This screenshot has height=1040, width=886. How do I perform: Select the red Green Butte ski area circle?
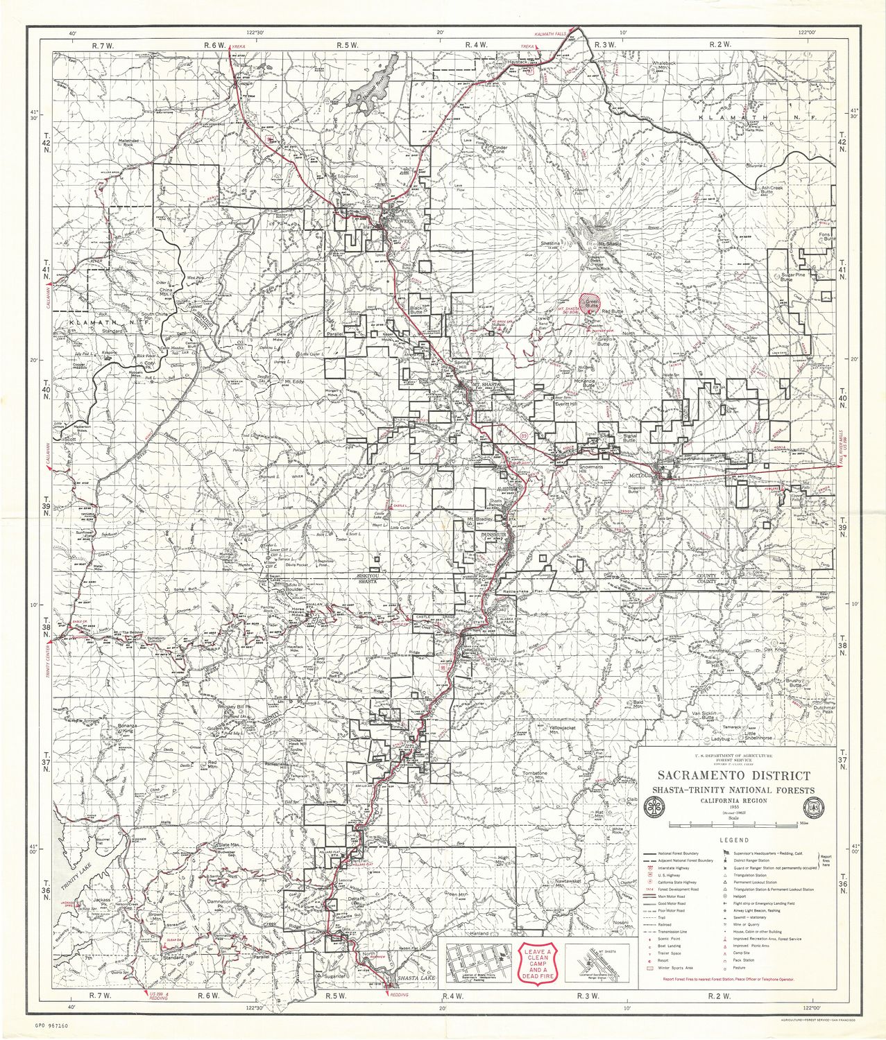tap(591, 303)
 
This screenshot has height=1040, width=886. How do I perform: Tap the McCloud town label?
tap(642, 477)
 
